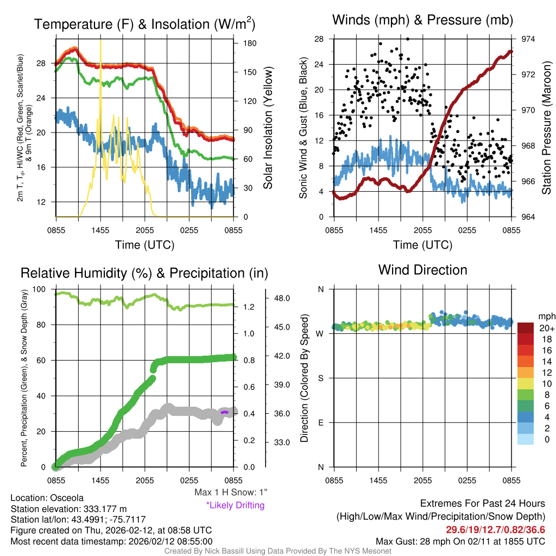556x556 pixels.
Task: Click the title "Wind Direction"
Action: click(x=422, y=270)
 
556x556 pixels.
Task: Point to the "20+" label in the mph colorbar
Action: click(x=545, y=328)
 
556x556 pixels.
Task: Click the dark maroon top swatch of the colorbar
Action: click(x=526, y=327)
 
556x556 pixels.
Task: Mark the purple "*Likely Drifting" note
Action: click(x=235, y=506)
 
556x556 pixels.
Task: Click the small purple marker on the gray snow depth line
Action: click(x=225, y=413)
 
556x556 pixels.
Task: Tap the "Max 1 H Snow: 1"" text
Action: click(x=231, y=492)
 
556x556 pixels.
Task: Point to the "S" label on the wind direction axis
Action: click(x=321, y=378)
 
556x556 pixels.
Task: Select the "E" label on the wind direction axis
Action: click(x=321, y=422)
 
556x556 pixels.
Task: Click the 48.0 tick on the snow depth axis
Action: click(x=284, y=298)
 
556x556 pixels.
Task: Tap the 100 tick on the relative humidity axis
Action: click(x=44, y=289)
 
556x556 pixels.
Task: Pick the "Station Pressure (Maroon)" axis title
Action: click(x=546, y=128)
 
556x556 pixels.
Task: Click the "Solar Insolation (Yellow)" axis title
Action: click(x=268, y=128)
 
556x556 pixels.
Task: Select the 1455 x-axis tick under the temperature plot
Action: click(x=100, y=230)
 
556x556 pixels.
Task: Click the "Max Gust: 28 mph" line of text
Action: click(x=460, y=541)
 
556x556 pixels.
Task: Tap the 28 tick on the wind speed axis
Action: click(x=319, y=39)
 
